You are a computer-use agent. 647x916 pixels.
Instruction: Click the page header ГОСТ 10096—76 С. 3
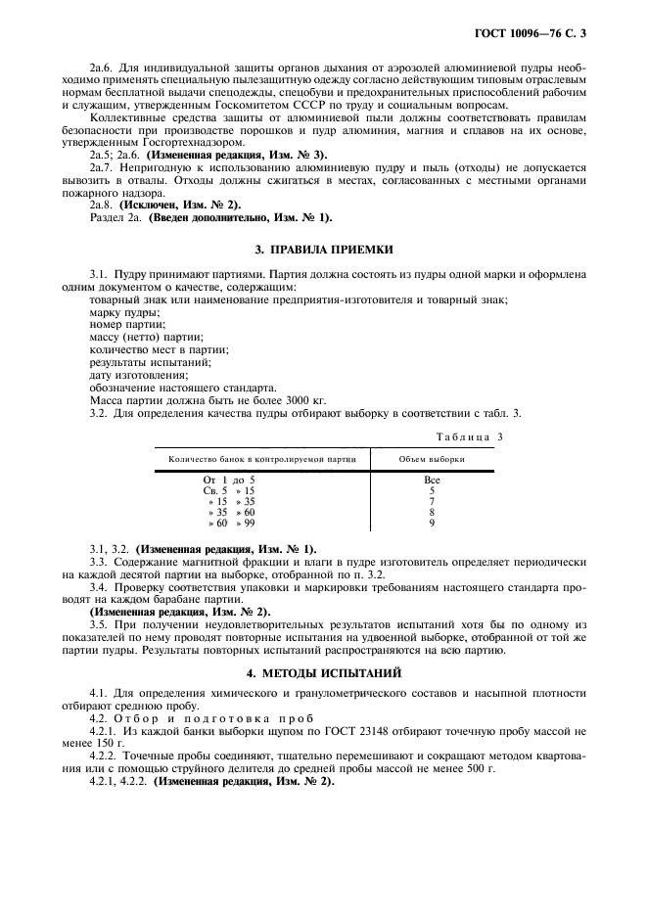[x=537, y=35]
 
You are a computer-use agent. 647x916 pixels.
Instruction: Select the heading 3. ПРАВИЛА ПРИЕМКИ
[x=322, y=250]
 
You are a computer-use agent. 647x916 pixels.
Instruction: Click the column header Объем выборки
[x=432, y=459]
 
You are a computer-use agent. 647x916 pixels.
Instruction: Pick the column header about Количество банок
[x=262, y=459]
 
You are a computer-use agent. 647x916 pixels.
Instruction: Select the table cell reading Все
[x=432, y=480]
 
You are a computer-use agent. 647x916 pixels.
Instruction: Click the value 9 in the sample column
[x=432, y=524]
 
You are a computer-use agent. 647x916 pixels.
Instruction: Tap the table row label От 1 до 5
[x=228, y=480]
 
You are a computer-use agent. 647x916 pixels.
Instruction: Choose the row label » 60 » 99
[x=230, y=524]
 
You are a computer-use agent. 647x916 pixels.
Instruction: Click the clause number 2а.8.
[x=103, y=205]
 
